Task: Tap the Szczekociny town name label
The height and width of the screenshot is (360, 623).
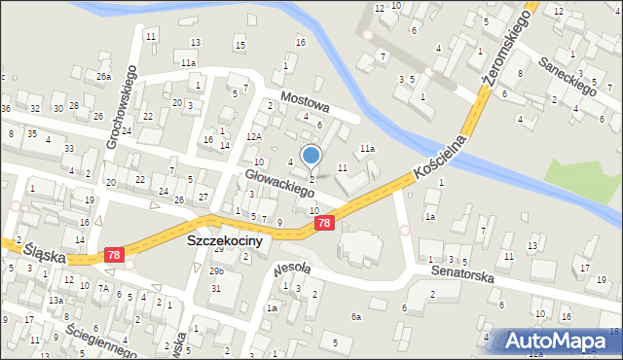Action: [224, 241]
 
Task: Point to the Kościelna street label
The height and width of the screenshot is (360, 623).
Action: [440, 156]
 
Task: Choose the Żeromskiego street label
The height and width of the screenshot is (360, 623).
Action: [504, 51]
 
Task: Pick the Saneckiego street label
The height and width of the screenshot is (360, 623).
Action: [569, 73]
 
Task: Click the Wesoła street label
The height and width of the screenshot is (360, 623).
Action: [292, 268]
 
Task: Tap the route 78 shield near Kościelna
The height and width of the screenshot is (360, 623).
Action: [325, 224]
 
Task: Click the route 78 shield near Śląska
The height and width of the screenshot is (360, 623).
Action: [115, 256]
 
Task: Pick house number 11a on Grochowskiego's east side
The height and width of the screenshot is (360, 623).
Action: [187, 63]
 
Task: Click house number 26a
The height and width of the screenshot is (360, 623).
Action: [103, 76]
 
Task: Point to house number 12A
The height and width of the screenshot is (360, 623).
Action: [254, 137]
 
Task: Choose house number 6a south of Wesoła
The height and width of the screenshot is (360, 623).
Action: [356, 317]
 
